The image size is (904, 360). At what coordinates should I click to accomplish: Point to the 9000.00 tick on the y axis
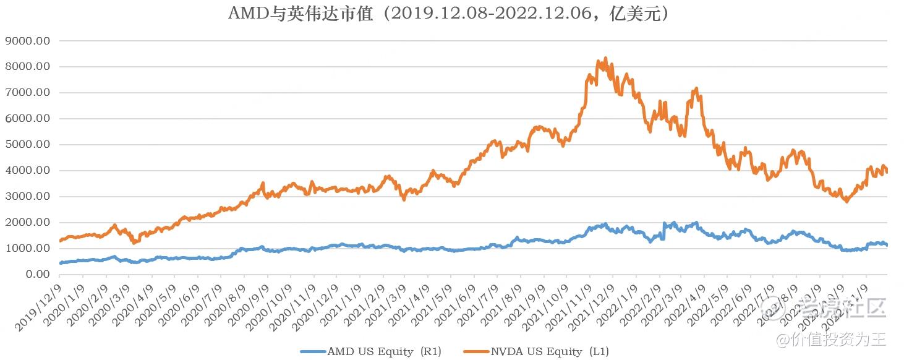(27, 41)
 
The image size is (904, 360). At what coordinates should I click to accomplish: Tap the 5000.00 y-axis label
(27, 145)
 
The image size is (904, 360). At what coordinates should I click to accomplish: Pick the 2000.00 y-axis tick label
(27, 223)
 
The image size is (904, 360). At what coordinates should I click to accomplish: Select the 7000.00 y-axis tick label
(27, 93)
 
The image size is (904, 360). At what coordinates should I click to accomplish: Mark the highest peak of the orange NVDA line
(605, 58)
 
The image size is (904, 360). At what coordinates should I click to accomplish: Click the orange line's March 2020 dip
(134, 242)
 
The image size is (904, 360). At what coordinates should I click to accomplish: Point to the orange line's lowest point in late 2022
(846, 202)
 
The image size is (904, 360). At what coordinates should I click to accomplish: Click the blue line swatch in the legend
(313, 351)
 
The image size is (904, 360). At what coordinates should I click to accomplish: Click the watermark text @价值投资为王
(832, 339)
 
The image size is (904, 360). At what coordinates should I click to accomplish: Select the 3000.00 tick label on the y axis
(27, 197)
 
